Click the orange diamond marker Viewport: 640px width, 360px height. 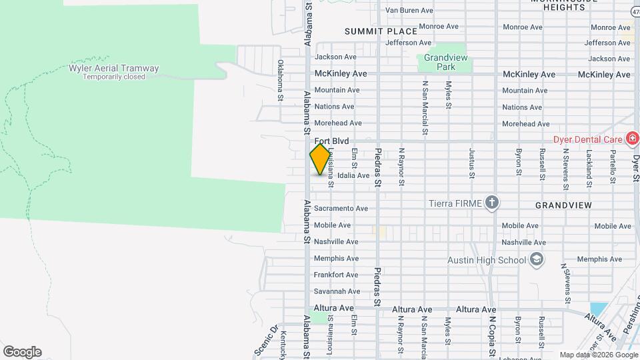tap(321, 159)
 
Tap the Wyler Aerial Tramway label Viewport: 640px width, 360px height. tap(114, 69)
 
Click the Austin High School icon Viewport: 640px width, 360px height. tap(537, 259)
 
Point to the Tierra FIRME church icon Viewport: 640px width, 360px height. tap(492, 203)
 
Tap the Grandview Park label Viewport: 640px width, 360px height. tap(445, 63)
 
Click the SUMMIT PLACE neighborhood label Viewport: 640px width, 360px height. tap(381, 31)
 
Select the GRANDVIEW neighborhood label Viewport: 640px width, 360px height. tap(563, 206)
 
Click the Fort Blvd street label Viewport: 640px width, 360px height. tap(331, 141)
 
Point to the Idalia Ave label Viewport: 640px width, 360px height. tap(353, 175)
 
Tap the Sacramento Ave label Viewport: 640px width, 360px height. tap(341, 209)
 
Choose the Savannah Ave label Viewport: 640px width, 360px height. tap(337, 291)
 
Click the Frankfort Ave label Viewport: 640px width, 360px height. tap(337, 275)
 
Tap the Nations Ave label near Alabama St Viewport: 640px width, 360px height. tap(334, 107)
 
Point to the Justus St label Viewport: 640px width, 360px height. tap(472, 159)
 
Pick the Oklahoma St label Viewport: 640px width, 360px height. tap(281, 81)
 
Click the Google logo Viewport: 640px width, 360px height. tap(22, 352)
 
